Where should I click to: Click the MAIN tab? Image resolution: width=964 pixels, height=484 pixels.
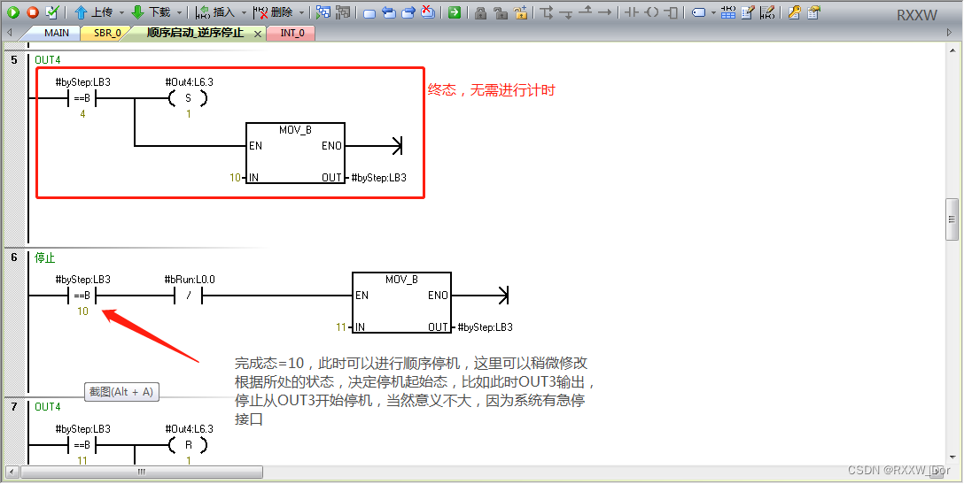[56, 33]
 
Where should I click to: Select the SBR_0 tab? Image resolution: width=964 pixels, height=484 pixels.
[106, 33]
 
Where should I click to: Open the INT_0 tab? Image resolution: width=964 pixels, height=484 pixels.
[293, 33]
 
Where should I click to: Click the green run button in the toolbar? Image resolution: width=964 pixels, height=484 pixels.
[13, 12]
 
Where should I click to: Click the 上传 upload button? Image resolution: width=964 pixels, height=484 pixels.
[94, 12]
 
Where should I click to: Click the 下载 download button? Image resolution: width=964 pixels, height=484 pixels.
[152, 12]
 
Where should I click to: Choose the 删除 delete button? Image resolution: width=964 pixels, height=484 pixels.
[274, 12]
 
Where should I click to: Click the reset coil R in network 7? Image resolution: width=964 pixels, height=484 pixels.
[188, 445]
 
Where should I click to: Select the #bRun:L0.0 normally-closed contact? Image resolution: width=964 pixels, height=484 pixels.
[189, 296]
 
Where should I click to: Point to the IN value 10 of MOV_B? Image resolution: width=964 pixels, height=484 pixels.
[235, 178]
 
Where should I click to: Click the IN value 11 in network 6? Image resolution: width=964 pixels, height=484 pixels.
[340, 327]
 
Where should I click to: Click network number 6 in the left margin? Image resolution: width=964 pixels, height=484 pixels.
[13, 257]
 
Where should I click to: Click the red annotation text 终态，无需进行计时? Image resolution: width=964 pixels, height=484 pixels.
[492, 90]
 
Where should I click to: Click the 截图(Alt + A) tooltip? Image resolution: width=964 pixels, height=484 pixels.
[121, 391]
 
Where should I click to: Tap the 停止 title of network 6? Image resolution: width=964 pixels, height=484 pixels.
[44, 258]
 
